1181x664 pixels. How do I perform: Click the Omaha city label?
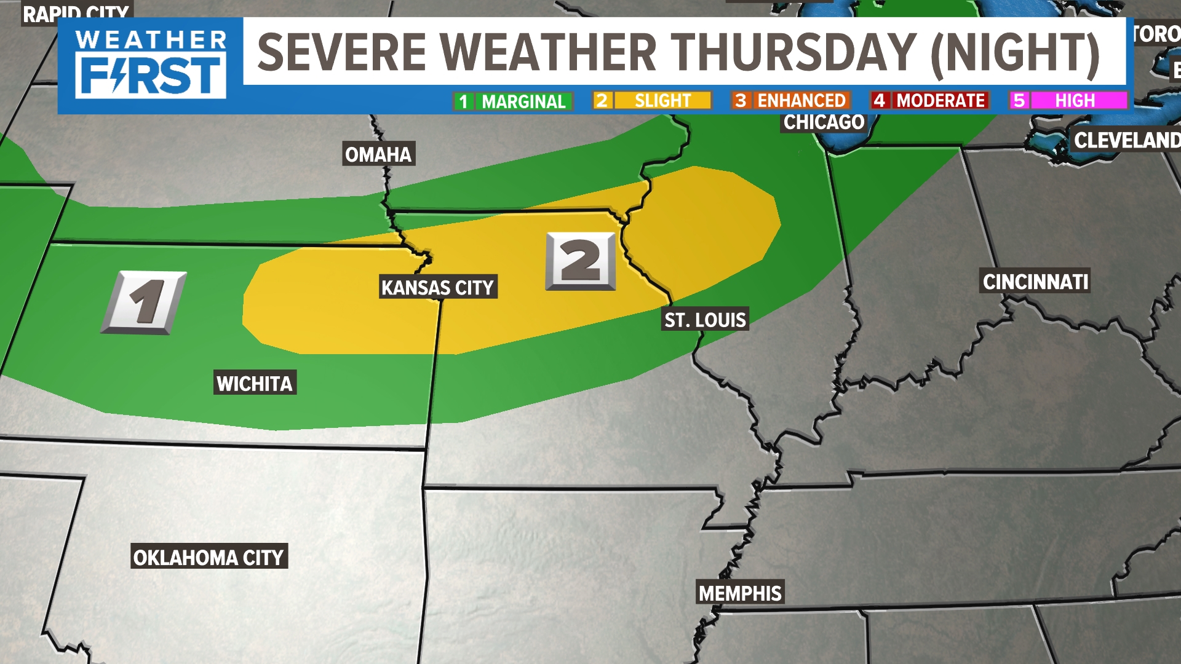pyautogui.click(x=378, y=154)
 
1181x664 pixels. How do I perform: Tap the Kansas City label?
pyautogui.click(x=437, y=288)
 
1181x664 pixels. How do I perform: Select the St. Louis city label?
pyautogui.click(x=705, y=320)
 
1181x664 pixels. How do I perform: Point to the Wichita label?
pyautogui.click(x=255, y=384)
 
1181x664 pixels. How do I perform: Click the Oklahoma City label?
pyautogui.click(x=209, y=558)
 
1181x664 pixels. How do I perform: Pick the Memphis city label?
pyautogui.click(x=740, y=593)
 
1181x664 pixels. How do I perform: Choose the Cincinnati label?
pyautogui.click(x=1035, y=282)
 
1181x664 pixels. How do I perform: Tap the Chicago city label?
pyautogui.click(x=824, y=122)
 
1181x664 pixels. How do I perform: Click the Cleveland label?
pyautogui.click(x=1126, y=140)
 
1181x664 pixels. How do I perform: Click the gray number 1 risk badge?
pyautogui.click(x=144, y=302)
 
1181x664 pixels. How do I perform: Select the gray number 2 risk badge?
pyautogui.click(x=581, y=261)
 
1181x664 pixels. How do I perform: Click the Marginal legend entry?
pyautogui.click(x=513, y=101)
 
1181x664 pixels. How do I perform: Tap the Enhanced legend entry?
pyautogui.click(x=791, y=100)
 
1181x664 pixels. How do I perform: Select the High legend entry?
pyautogui.click(x=1069, y=100)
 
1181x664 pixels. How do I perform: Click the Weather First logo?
pyautogui.click(x=151, y=65)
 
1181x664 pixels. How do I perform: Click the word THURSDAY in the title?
pyautogui.click(x=793, y=52)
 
